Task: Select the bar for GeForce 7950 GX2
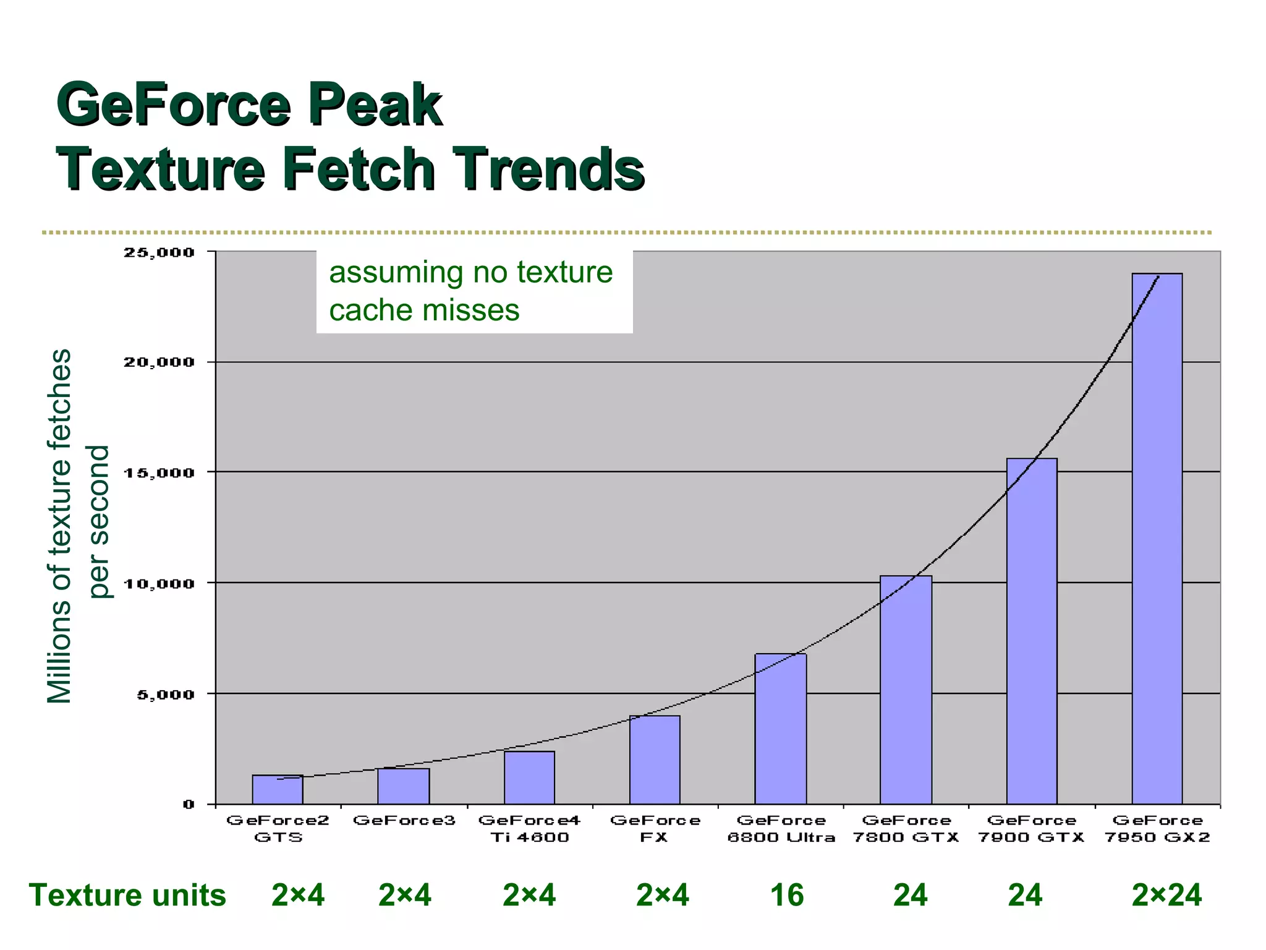tap(1157, 538)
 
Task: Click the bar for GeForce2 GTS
tap(278, 789)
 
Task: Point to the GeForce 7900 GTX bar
tap(1031, 631)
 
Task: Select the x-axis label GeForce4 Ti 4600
tap(529, 829)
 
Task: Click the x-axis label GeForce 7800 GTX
tap(906, 829)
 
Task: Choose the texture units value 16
tap(786, 895)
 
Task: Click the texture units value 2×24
tap(1166, 895)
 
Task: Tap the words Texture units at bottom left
tap(127, 895)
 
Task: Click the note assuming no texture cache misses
tap(471, 291)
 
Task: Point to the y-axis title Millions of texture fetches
tap(60, 526)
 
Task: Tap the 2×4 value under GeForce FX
tap(662, 895)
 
